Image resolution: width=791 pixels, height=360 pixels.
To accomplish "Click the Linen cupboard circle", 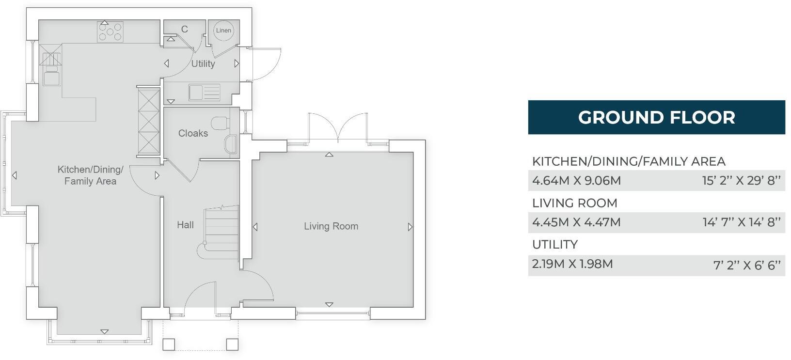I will pyautogui.click(x=223, y=31).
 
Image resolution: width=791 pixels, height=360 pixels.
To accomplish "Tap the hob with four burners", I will pyautogui.click(x=111, y=32).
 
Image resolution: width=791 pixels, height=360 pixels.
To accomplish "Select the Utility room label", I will pyautogui.click(x=203, y=63).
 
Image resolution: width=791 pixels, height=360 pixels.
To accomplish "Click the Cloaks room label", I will pyautogui.click(x=193, y=133).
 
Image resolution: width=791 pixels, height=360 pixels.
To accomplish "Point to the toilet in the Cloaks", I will pyautogui.click(x=221, y=123).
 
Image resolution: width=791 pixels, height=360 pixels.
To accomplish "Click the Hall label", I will pyautogui.click(x=185, y=225).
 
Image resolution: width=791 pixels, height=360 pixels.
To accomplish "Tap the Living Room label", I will pyautogui.click(x=331, y=226).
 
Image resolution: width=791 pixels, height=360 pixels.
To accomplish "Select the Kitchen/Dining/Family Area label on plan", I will pyautogui.click(x=90, y=175).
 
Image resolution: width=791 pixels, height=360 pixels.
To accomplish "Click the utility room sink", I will pyautogui.click(x=204, y=92).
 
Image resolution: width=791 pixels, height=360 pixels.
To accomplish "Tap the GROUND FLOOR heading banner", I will pyautogui.click(x=656, y=117).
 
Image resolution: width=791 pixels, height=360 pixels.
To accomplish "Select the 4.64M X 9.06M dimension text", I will pyautogui.click(x=576, y=181).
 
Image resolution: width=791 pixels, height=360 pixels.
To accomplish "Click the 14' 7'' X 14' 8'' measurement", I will pyautogui.click(x=741, y=222).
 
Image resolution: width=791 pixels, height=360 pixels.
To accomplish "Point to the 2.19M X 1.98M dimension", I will pyautogui.click(x=572, y=264).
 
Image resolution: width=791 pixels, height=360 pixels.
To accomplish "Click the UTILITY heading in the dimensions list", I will pyautogui.click(x=555, y=245).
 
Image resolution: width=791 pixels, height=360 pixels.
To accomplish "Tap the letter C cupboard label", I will pyautogui.click(x=184, y=30).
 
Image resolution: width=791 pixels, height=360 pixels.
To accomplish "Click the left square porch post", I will pyautogui.click(x=168, y=344).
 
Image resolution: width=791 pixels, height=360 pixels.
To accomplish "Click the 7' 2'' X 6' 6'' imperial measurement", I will pyautogui.click(x=746, y=265).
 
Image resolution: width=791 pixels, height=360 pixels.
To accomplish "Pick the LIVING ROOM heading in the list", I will pyautogui.click(x=575, y=203).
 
